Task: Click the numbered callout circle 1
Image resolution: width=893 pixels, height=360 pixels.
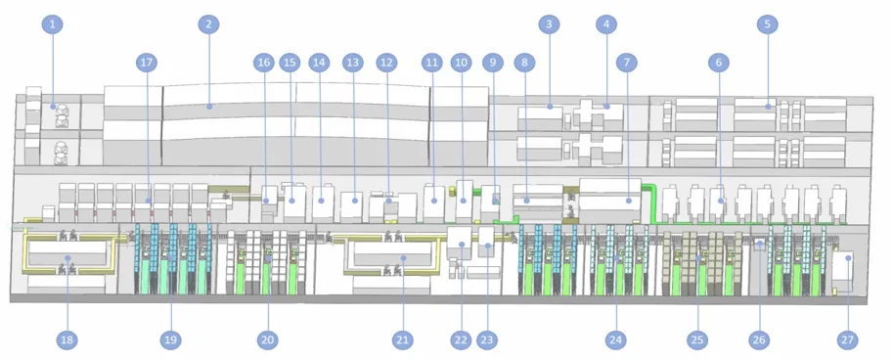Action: (x=52, y=23)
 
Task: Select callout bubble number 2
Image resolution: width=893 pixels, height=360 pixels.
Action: (x=206, y=23)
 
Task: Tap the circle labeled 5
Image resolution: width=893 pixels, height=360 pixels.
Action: (x=768, y=23)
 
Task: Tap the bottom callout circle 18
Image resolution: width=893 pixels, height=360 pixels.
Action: (x=67, y=339)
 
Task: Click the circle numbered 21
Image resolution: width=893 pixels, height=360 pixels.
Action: (x=401, y=339)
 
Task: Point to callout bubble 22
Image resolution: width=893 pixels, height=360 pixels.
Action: (x=461, y=339)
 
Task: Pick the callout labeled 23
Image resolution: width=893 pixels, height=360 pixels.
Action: (x=486, y=339)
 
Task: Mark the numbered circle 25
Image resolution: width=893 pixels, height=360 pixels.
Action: (x=696, y=339)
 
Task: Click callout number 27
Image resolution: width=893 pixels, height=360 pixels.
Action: (x=847, y=339)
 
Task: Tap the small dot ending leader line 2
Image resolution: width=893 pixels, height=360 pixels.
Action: (x=208, y=105)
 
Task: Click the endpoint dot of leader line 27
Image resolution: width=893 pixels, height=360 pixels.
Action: (x=849, y=258)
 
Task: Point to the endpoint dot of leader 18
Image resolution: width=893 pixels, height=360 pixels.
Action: (x=67, y=259)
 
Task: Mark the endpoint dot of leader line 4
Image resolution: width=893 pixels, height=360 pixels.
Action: (x=606, y=105)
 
